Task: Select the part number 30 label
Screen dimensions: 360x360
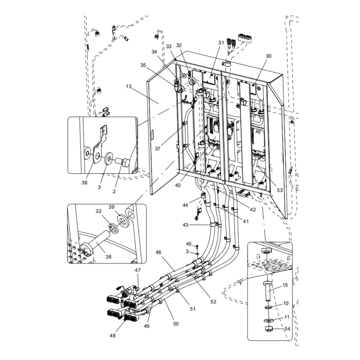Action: pos(269,56)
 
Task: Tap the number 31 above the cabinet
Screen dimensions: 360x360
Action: pos(221,43)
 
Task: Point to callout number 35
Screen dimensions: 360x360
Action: pos(143,65)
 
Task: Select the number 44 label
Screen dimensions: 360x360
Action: pos(185,205)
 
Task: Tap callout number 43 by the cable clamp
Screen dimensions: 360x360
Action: pos(185,225)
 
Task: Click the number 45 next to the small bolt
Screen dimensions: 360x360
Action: pos(189,244)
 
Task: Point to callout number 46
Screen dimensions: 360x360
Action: pos(158,252)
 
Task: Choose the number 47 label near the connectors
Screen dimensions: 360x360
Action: pos(137,270)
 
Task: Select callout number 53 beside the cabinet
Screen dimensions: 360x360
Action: pos(280,190)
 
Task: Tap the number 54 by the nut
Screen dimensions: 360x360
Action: pos(287,329)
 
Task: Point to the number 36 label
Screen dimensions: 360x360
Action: pos(85,182)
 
